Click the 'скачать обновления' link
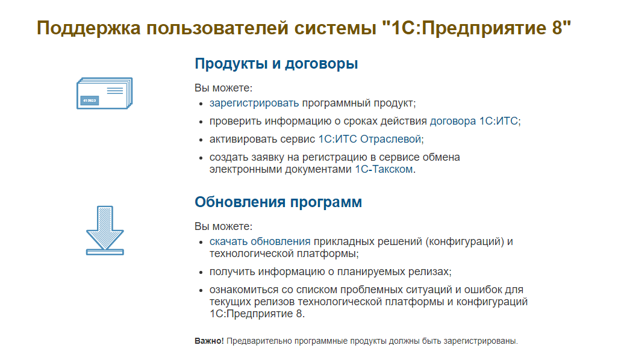260,241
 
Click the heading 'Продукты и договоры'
276,64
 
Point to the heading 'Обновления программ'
278,202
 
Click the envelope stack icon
104,93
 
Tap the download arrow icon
105,231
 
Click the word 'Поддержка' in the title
90,28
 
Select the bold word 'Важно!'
209,341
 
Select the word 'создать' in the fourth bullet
226,157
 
